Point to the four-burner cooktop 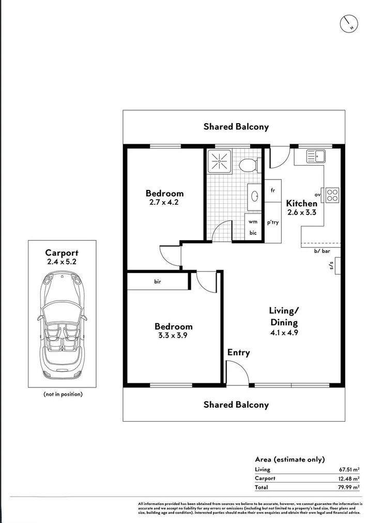[x=332, y=195]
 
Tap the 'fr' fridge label [x=272, y=190]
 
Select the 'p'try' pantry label [x=272, y=222]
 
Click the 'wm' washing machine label [x=253, y=221]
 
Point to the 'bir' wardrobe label [x=158, y=282]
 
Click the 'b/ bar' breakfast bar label [x=322, y=251]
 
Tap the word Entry [x=238, y=352]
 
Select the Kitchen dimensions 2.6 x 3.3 [x=302, y=212]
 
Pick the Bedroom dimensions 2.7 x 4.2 [x=164, y=202]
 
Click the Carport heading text [x=62, y=253]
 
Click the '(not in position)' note [x=62, y=394]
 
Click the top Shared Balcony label [x=236, y=126]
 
